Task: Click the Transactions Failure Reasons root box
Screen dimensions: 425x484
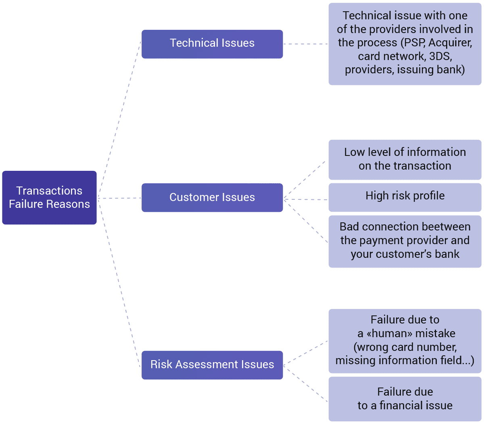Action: [49, 197]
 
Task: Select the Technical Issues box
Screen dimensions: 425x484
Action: [212, 44]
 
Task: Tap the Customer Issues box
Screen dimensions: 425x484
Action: [212, 197]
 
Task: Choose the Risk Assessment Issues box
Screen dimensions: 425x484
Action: [212, 365]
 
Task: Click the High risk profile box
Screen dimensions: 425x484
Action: [405, 196]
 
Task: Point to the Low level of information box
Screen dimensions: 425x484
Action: [405, 159]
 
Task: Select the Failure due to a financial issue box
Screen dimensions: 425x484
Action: [405, 398]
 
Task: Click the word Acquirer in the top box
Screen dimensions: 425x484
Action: [450, 43]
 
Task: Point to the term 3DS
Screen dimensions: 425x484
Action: [440, 56]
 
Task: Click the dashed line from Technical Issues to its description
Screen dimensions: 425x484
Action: [306, 44]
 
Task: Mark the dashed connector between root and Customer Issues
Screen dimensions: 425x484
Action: [119, 198]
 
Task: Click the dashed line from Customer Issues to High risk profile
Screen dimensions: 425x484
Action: [306, 199]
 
